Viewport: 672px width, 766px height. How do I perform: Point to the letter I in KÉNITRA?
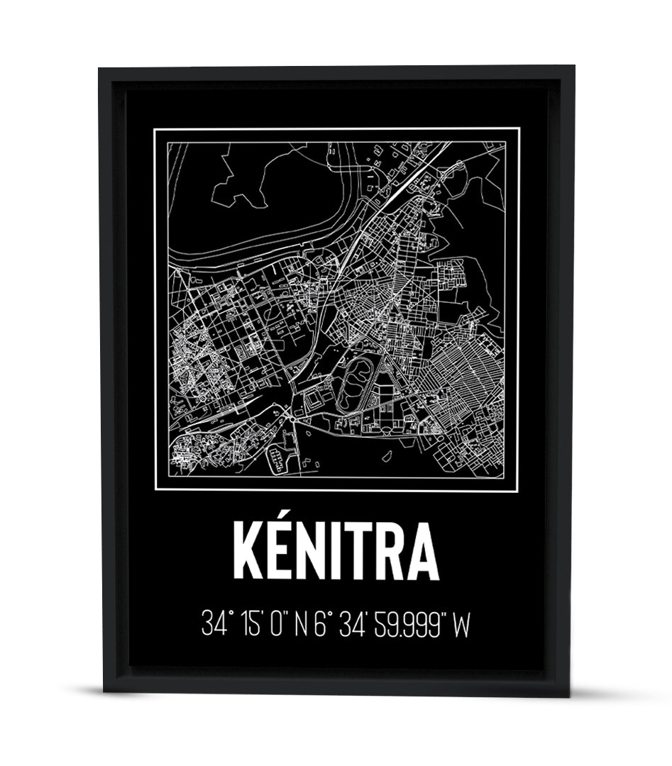click(x=346, y=553)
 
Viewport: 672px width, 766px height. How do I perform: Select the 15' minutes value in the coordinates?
click(x=249, y=625)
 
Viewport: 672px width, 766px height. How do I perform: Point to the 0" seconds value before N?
click(x=278, y=625)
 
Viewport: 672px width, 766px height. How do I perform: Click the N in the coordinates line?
click(x=302, y=625)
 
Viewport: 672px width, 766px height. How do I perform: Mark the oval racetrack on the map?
click(x=352, y=383)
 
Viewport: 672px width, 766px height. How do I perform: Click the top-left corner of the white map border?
click(x=155, y=129)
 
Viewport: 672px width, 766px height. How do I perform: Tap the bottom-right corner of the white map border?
click(x=519, y=490)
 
